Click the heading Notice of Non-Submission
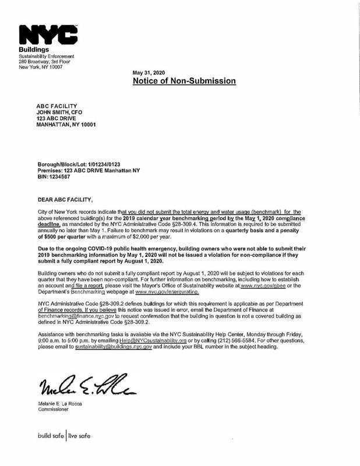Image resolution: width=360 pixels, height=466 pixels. (x=184, y=82)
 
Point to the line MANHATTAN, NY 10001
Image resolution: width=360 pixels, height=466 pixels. (x=66, y=125)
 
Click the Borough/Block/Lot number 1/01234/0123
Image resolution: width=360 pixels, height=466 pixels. (x=113, y=165)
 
